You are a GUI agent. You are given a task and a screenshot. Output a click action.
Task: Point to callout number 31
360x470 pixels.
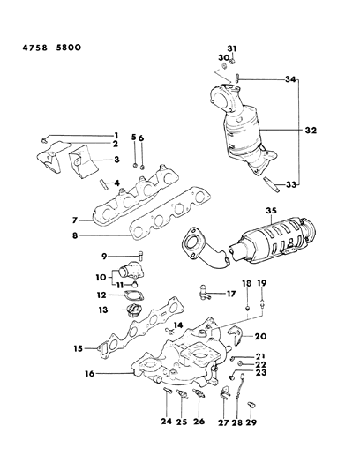(x=232, y=48)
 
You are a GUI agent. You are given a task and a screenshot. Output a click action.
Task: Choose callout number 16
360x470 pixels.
(x=101, y=373)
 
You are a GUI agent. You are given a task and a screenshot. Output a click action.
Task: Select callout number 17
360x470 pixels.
(x=230, y=293)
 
